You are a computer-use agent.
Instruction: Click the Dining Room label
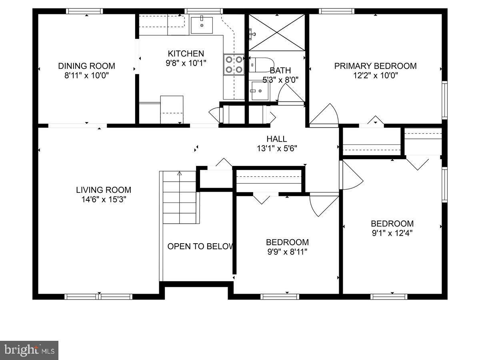pyautogui.click(x=86, y=66)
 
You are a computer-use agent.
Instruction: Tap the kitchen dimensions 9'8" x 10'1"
pyautogui.click(x=186, y=62)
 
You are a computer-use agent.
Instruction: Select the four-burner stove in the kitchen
pyautogui.click(x=234, y=64)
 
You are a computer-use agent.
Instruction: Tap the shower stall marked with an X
pyautogui.click(x=276, y=32)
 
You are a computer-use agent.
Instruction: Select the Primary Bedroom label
pyautogui.click(x=375, y=66)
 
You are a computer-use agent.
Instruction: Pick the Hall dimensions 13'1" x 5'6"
pyautogui.click(x=277, y=148)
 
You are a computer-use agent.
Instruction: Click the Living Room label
pyautogui.click(x=104, y=190)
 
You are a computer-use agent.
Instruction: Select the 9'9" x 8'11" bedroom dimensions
pyautogui.click(x=287, y=252)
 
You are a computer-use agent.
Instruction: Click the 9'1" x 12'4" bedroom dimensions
pyautogui.click(x=392, y=233)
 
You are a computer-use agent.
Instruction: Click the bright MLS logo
pyautogui.click(x=29, y=350)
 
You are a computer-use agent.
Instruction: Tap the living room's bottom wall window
pyautogui.click(x=99, y=296)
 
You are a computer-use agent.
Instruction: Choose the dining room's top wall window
pyautogui.click(x=84, y=11)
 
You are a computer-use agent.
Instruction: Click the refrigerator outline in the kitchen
pyautogui.click(x=172, y=109)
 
